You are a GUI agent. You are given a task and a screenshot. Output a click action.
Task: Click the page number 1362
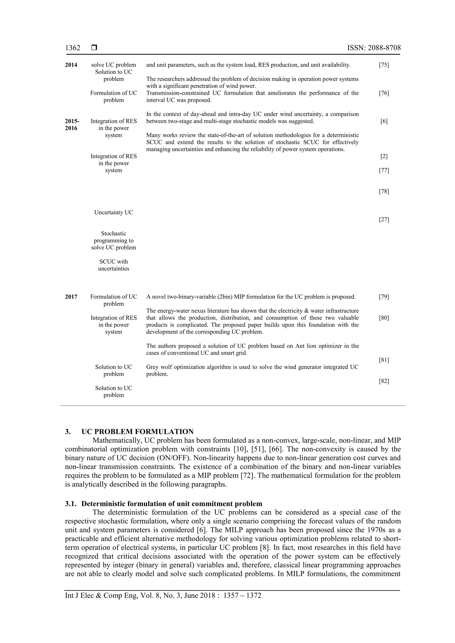73,48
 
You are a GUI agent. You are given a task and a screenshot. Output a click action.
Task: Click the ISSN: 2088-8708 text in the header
374,48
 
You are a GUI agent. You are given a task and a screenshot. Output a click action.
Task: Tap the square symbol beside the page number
94,48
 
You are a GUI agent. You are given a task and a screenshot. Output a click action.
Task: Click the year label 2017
71,297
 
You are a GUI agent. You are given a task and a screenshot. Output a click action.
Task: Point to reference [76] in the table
384,93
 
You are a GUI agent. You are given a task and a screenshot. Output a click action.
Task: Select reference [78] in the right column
384,192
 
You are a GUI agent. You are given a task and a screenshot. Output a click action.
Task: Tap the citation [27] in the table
384,220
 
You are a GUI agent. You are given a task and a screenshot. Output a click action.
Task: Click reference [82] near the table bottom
384,381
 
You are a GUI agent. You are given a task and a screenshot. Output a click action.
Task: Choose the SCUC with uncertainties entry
114,265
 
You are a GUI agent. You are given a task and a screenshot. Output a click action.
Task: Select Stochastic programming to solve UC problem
114,241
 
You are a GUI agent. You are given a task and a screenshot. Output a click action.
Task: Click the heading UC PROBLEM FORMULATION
137,431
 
